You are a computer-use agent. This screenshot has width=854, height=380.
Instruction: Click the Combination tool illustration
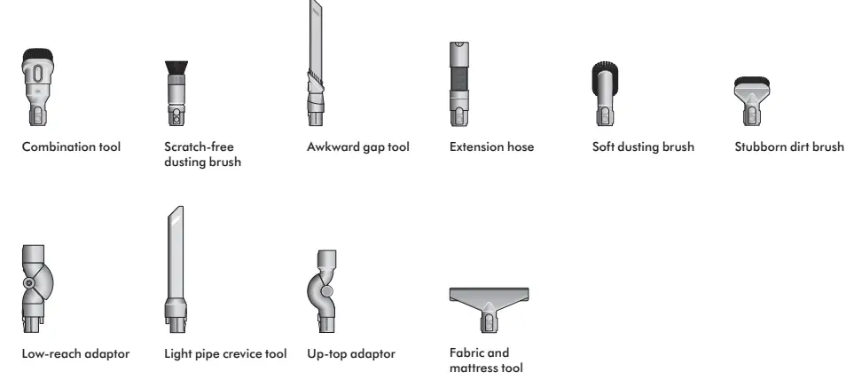click(35, 90)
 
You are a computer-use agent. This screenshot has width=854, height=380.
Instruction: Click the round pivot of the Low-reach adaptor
click(32, 283)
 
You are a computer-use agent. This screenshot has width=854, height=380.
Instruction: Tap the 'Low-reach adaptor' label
click(75, 354)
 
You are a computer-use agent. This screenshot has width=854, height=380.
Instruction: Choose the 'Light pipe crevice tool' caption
click(225, 354)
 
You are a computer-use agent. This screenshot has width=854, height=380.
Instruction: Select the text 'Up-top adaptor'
click(350, 354)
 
